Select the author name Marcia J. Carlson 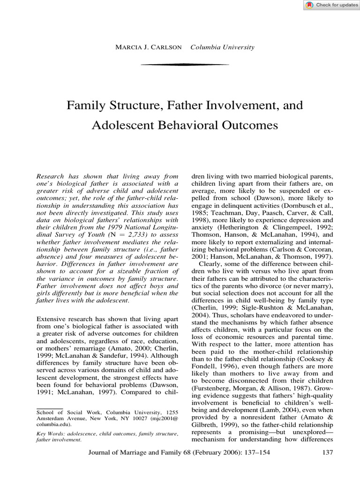(150, 47)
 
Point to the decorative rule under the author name (178, 64)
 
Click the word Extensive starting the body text (52, 319)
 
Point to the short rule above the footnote (49, 408)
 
